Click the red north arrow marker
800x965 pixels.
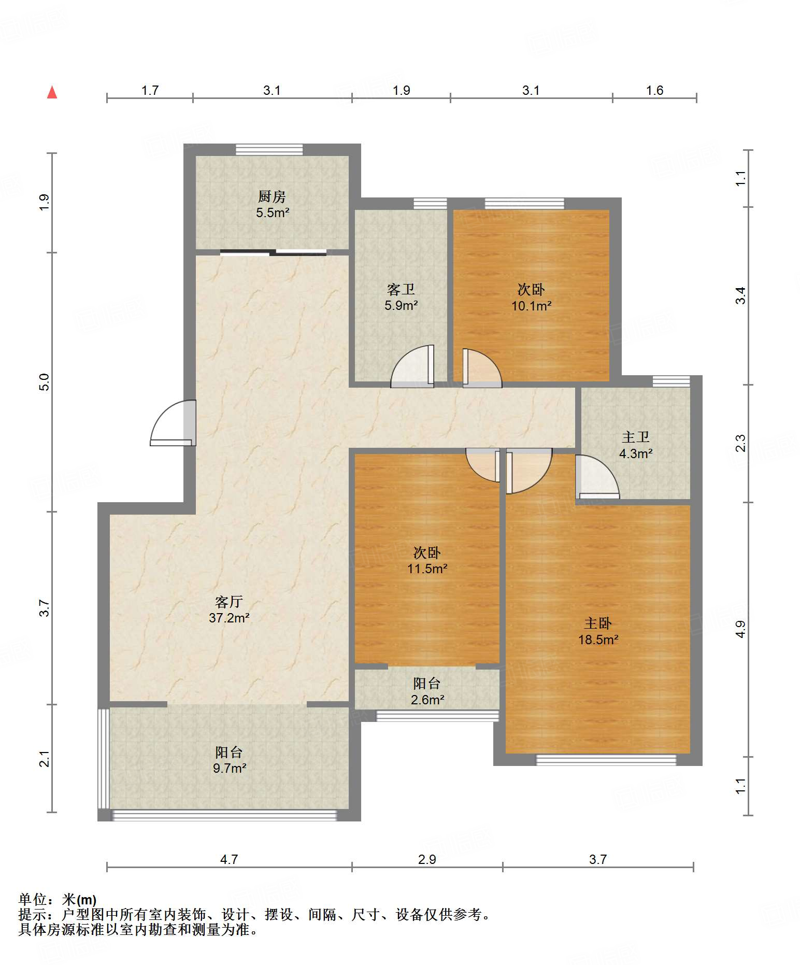click(52, 92)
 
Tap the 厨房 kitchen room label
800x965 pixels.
click(272, 196)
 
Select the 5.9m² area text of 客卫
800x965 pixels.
click(401, 306)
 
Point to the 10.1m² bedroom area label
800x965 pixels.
click(531, 306)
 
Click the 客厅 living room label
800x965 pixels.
click(229, 602)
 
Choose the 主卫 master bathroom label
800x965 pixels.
click(636, 437)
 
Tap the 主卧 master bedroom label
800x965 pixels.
click(598, 623)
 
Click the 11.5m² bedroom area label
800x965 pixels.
click(427, 569)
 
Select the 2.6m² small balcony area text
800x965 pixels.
click(427, 700)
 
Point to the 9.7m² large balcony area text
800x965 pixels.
click(230, 768)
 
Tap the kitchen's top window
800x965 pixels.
click(269, 149)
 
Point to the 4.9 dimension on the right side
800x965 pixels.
click(741, 629)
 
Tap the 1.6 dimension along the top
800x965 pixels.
click(654, 91)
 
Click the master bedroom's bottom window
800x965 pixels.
click(606, 760)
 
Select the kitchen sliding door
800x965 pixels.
click(273, 253)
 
